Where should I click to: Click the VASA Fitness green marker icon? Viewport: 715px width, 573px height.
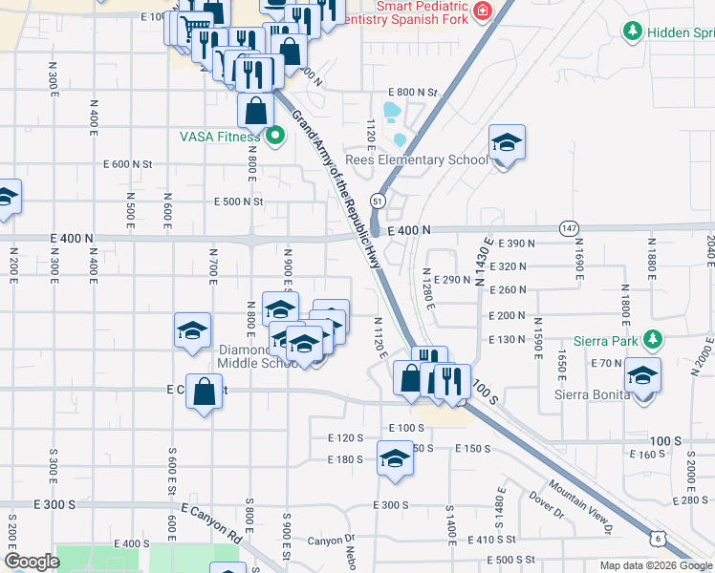click(x=275, y=137)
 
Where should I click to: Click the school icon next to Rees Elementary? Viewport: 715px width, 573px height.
click(x=506, y=143)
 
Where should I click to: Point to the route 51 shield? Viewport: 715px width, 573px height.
click(x=379, y=202)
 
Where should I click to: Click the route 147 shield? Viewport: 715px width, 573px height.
click(x=569, y=228)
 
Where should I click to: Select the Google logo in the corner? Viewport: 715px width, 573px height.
click(x=32, y=562)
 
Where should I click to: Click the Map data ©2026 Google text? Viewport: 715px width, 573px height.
click(x=656, y=565)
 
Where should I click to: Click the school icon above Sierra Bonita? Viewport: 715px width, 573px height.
click(x=642, y=374)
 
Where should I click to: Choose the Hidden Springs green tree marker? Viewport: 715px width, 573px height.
click(x=632, y=32)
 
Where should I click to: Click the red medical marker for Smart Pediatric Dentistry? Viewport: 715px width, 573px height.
click(x=483, y=11)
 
